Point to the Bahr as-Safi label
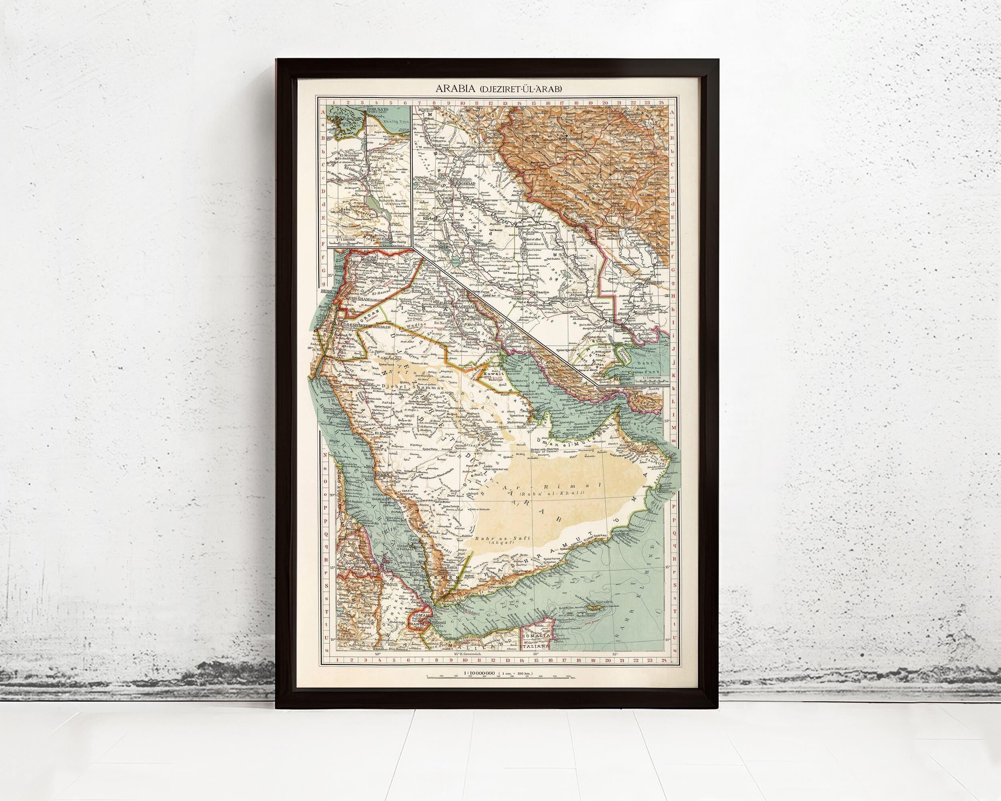point(494,551)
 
